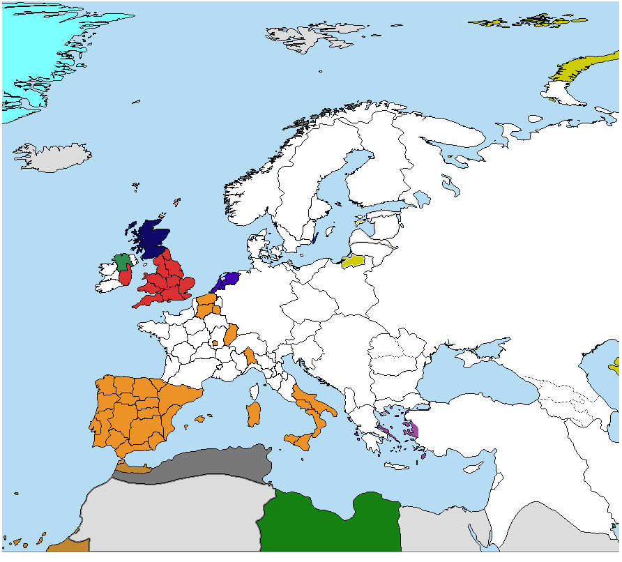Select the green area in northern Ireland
click(x=123, y=262)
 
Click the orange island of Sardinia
click(x=254, y=413)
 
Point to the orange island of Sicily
click(x=298, y=441)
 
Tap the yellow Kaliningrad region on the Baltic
click(x=353, y=261)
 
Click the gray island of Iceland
click(x=52, y=158)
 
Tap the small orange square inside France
click(x=215, y=342)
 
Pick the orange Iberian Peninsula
click(x=139, y=411)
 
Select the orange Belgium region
click(x=206, y=305)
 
